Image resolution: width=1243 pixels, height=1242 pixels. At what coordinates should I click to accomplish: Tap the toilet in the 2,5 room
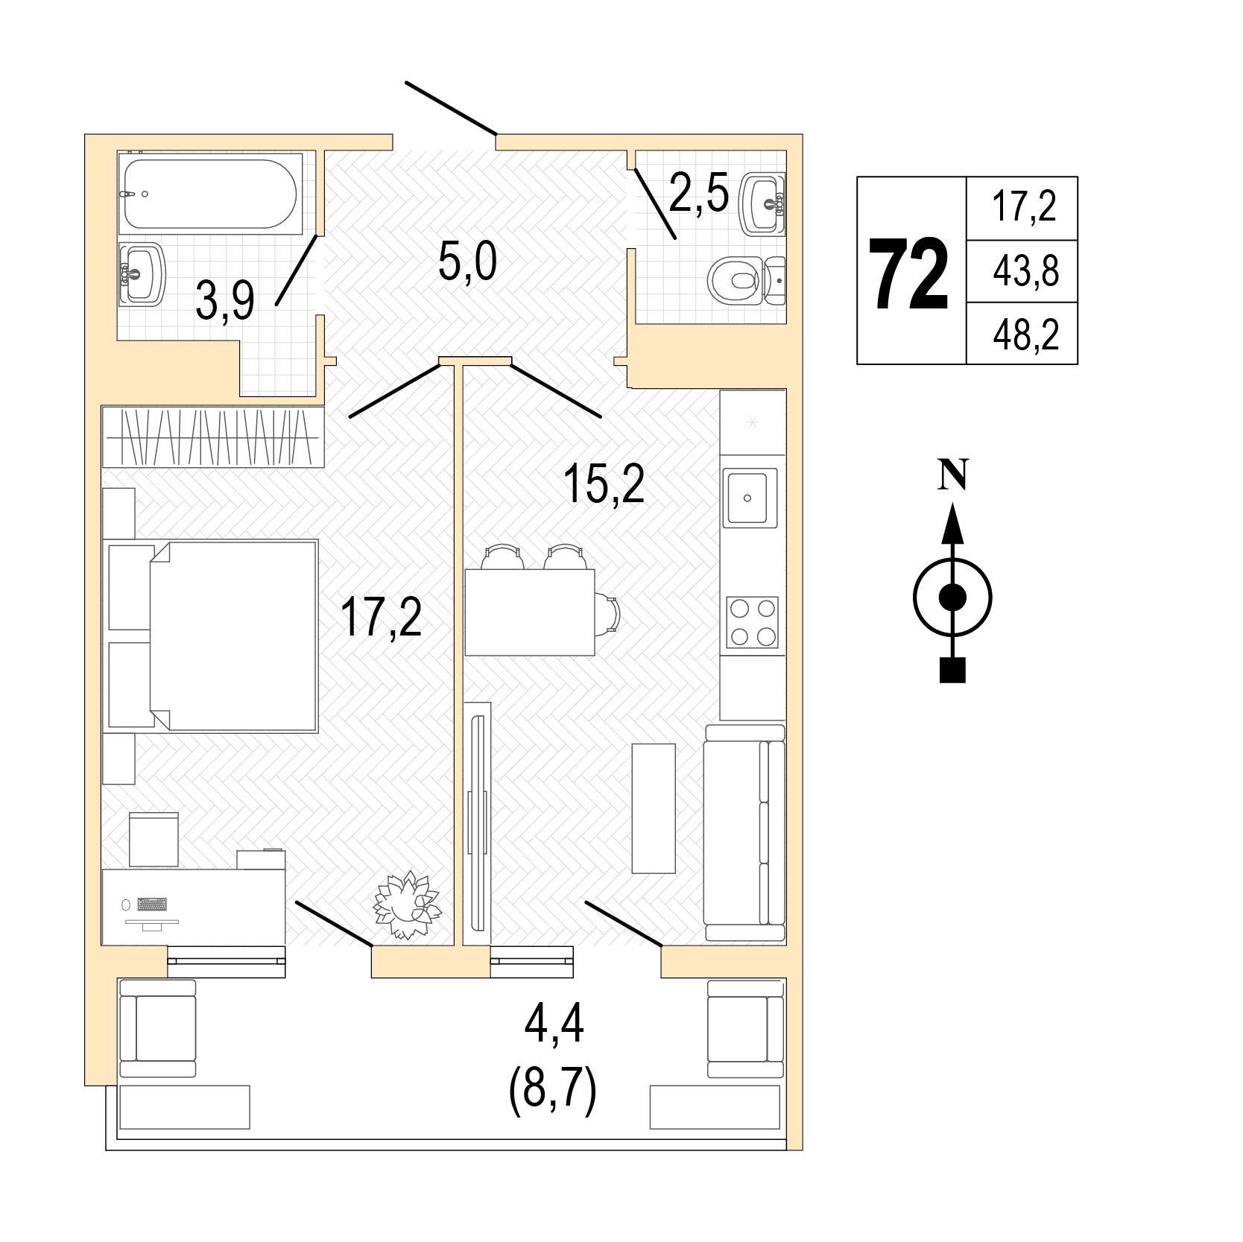(746, 281)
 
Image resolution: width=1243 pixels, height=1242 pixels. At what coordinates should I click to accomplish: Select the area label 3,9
(225, 301)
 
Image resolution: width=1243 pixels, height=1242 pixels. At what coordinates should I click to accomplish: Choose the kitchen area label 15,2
(604, 484)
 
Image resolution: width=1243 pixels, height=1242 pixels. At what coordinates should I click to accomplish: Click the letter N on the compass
(952, 474)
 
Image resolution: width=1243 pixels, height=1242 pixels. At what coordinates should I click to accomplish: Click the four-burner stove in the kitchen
(752, 622)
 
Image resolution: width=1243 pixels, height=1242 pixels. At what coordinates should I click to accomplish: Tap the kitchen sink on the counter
(752, 497)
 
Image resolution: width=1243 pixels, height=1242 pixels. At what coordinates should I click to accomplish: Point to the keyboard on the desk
(151, 904)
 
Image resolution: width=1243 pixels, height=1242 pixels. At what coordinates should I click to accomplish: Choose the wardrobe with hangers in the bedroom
(213, 437)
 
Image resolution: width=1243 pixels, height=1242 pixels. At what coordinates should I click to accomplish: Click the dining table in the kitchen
(529, 612)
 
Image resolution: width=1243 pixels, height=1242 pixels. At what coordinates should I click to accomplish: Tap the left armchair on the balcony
(157, 1028)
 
